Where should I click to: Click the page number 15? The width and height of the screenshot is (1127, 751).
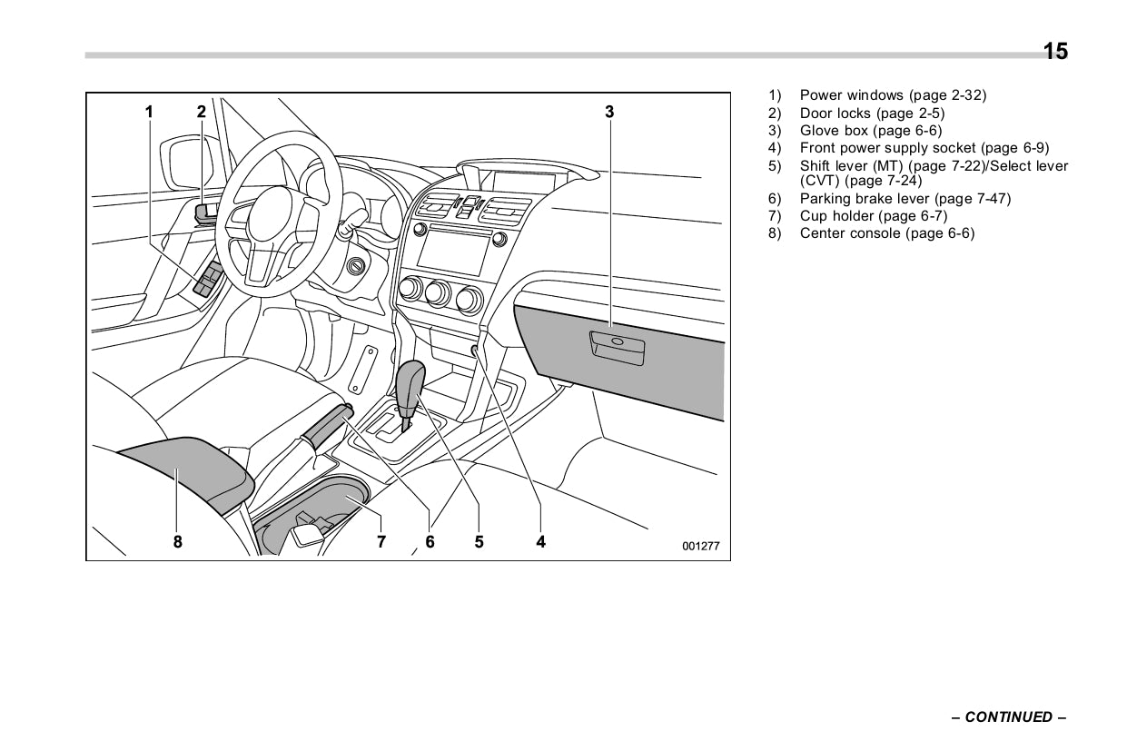[1055, 52]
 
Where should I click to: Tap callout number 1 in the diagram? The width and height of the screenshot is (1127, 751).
[149, 113]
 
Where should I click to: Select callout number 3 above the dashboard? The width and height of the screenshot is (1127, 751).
[609, 113]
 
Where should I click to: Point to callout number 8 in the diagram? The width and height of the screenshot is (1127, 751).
[178, 542]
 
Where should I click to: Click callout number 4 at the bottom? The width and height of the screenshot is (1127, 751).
[540, 542]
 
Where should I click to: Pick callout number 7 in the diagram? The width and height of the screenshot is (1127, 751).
[381, 542]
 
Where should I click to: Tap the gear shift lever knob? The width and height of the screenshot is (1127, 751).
[412, 383]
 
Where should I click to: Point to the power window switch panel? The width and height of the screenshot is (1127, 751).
[208, 280]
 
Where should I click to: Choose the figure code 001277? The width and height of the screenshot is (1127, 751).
[701, 547]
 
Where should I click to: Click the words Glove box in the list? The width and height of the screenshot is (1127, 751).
[834, 131]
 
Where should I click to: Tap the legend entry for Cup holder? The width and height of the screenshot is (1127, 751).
[836, 216]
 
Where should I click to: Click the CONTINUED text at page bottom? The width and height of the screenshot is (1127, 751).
[1008, 717]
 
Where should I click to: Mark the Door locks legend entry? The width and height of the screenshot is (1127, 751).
[835, 114]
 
